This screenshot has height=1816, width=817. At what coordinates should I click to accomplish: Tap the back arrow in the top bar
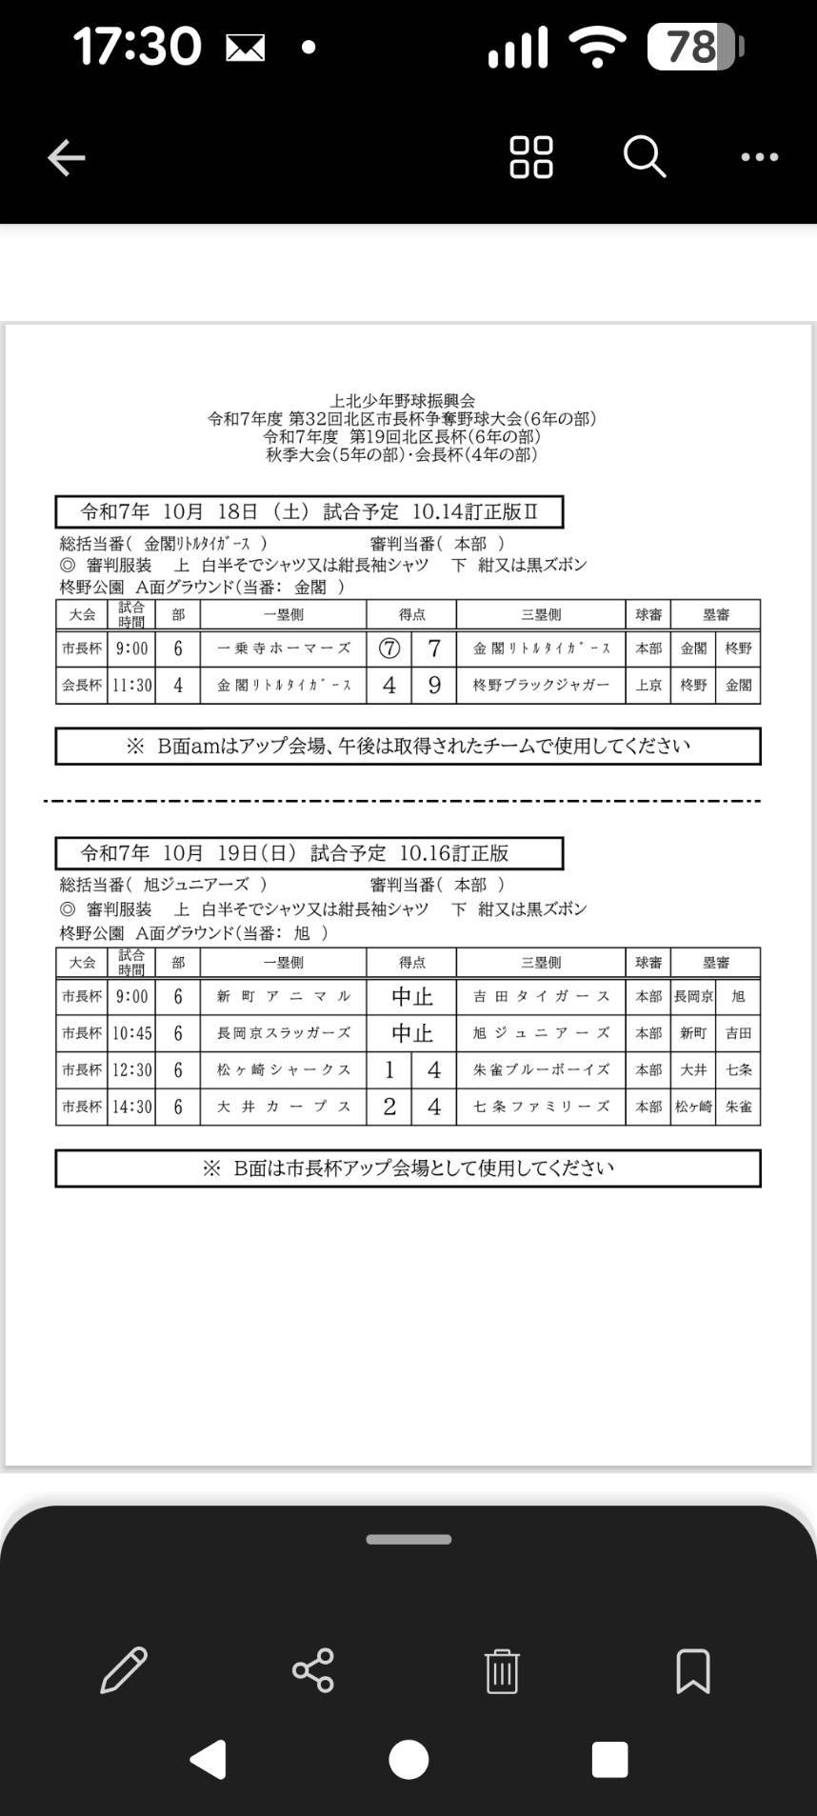(67, 157)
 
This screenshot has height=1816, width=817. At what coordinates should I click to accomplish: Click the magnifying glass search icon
(645, 156)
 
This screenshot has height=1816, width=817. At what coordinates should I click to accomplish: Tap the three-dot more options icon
(759, 157)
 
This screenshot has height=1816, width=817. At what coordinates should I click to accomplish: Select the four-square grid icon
(530, 157)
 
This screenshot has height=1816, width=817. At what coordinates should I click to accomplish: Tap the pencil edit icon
(124, 1670)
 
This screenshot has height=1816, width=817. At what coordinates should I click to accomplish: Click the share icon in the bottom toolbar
(312, 1670)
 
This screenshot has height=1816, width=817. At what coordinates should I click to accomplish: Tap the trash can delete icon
(501, 1670)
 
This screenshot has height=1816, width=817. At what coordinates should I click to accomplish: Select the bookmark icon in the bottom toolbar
(692, 1670)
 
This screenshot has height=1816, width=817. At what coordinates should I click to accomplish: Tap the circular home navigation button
(408, 1759)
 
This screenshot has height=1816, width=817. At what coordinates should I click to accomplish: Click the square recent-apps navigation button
(609, 1759)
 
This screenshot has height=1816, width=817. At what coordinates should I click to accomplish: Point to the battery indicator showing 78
(694, 47)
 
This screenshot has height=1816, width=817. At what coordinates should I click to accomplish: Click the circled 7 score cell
(389, 649)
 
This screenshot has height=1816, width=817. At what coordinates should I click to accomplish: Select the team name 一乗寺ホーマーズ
(284, 649)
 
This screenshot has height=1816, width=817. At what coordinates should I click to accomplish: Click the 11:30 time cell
(131, 685)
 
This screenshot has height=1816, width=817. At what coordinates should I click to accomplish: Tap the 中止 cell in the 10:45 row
(411, 1033)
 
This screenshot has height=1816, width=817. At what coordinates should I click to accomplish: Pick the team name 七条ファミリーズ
(541, 1107)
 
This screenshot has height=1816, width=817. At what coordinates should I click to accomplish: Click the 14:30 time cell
(131, 1107)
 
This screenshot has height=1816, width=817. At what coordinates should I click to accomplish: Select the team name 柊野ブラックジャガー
(541, 685)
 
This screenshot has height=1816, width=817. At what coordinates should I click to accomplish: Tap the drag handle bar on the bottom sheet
(408, 1540)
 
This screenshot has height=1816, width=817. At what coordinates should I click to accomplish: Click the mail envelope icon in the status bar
(245, 48)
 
